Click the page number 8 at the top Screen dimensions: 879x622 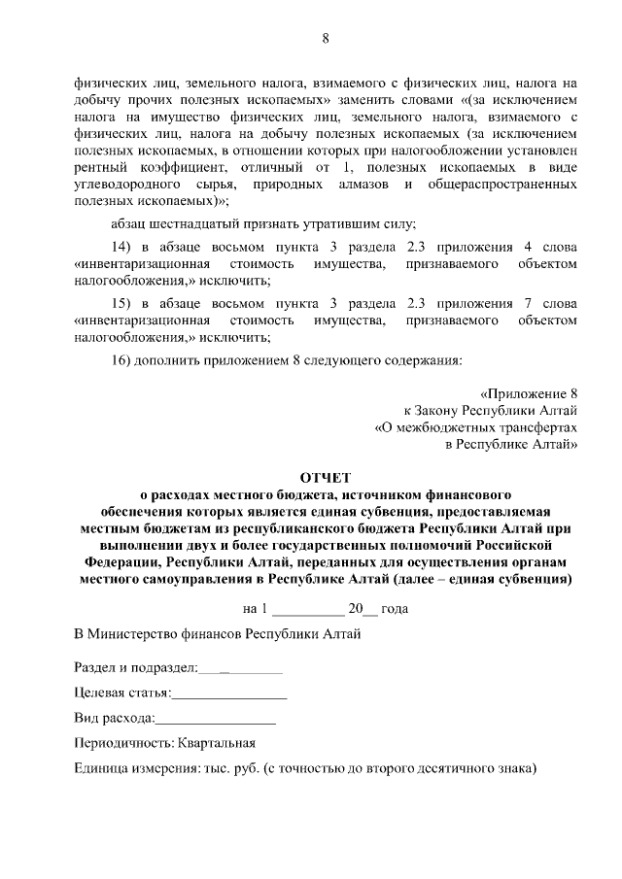point(327,39)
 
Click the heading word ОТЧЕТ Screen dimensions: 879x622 point(326,478)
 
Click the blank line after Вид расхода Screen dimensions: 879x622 point(215,719)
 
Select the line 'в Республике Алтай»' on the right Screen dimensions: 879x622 point(511,444)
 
